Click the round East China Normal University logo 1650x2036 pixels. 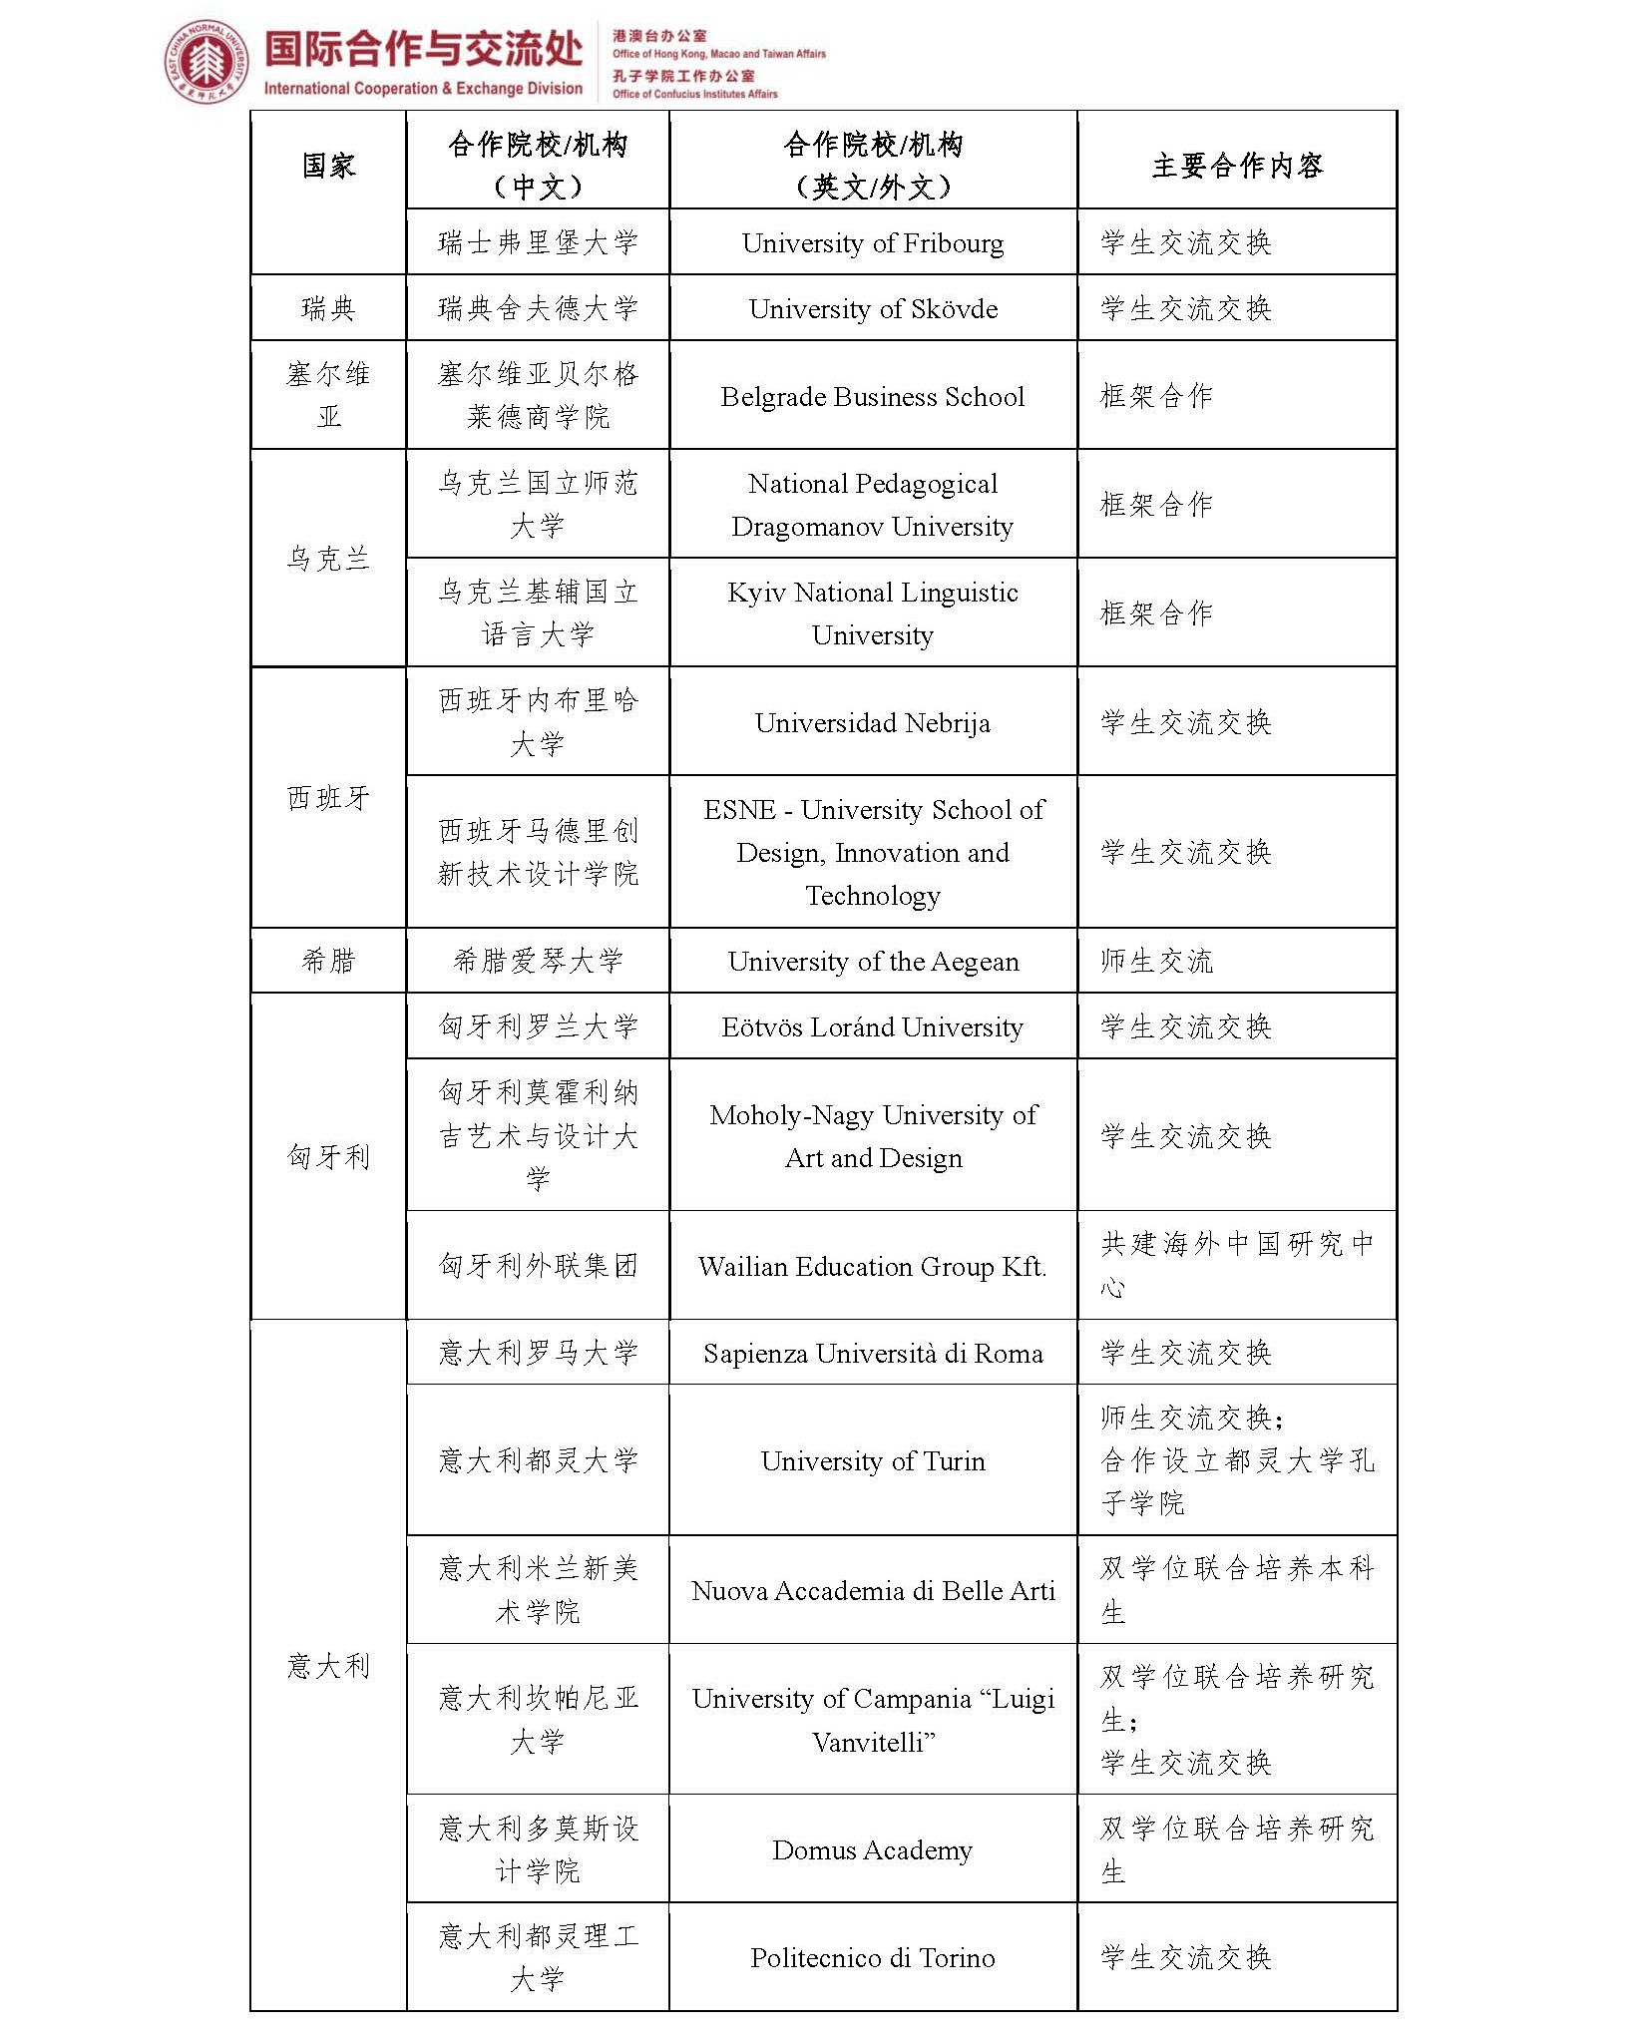(206, 62)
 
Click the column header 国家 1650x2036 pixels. (328, 166)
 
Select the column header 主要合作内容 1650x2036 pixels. (1237, 166)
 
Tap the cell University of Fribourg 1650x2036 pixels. (873, 243)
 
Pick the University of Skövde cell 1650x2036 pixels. (873, 309)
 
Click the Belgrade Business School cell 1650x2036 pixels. (873, 397)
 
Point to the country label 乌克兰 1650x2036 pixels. (328, 559)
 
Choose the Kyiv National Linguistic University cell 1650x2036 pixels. (873, 613)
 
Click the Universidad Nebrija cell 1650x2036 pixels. (873, 723)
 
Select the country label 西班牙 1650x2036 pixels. (328, 798)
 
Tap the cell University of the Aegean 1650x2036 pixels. (873, 962)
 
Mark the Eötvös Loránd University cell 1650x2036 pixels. (873, 1027)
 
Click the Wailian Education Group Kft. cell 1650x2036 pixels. (873, 1267)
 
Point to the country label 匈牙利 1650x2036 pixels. (328, 1157)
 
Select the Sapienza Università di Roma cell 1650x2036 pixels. (873, 1354)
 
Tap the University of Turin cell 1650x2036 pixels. (873, 1461)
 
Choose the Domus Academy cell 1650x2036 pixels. (873, 1850)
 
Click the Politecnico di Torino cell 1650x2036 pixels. (873, 1958)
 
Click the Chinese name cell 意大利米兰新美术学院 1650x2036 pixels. (538, 1590)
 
